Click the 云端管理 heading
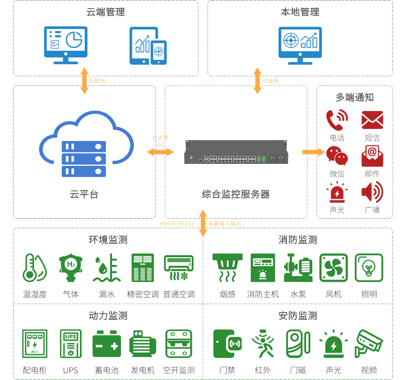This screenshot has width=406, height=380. pyautogui.click(x=106, y=12)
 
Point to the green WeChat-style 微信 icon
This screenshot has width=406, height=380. pyautogui.click(x=337, y=156)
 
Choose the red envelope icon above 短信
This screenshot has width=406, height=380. pyautogui.click(x=372, y=120)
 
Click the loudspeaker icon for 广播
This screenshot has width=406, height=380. pyautogui.click(x=372, y=192)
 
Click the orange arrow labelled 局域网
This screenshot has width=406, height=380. pyautogui.click(x=257, y=81)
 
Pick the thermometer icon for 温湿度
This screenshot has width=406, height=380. pyautogui.click(x=35, y=268)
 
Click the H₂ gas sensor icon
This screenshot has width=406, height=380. pyautogui.click(x=71, y=268)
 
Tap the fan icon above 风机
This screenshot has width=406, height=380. pyautogui.click(x=334, y=268)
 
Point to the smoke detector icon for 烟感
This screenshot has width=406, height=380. pyautogui.click(x=227, y=268)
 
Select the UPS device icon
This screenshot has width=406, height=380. pyautogui.click(x=71, y=344)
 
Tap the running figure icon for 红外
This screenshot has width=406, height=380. pyautogui.click(x=263, y=344)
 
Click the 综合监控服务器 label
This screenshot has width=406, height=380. pyautogui.click(x=236, y=194)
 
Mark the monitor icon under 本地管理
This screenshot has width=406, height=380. pyautogui.click(x=300, y=45)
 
